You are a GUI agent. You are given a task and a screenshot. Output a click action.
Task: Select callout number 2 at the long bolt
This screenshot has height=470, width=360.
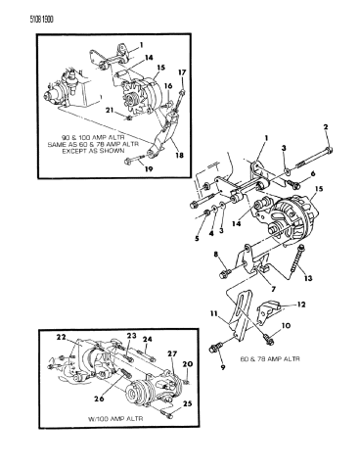(324, 128)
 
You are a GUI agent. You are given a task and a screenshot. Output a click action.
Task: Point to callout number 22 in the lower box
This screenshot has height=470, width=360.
(61, 338)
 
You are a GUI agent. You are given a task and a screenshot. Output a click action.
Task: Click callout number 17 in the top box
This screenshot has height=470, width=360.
(182, 96)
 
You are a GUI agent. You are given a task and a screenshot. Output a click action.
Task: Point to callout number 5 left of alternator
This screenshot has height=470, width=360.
(197, 237)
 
